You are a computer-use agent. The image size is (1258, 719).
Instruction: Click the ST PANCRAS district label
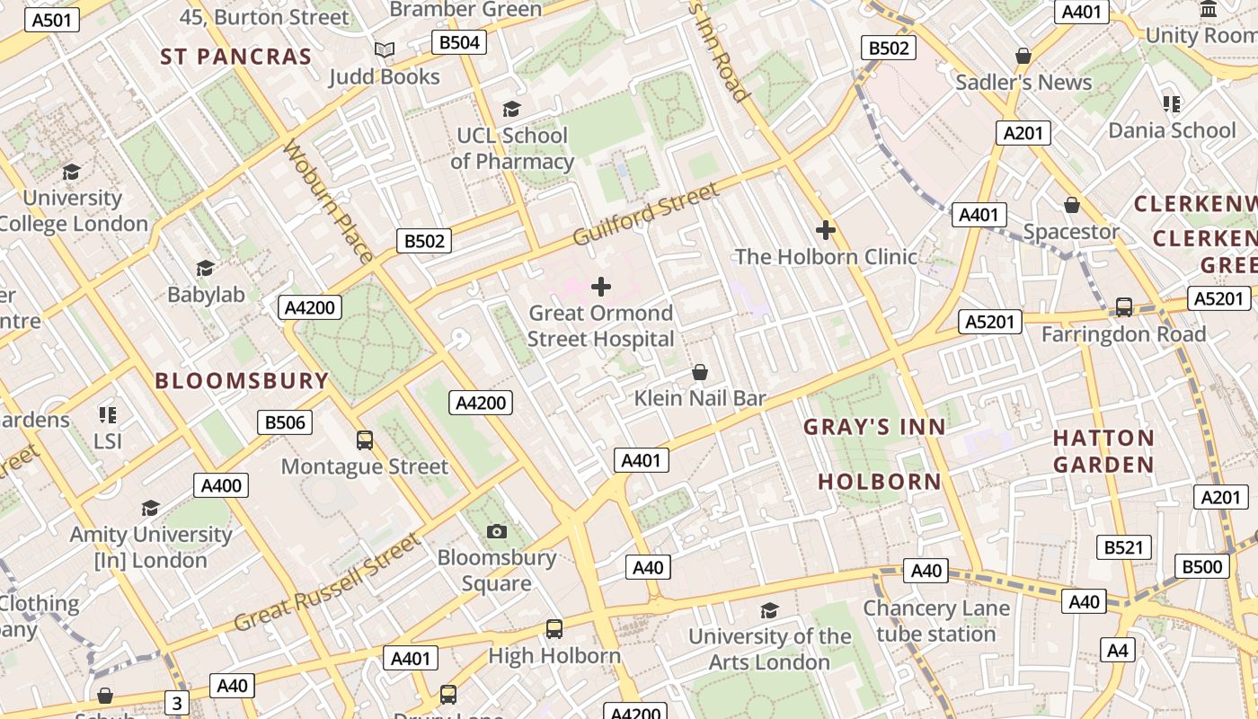pos(236,57)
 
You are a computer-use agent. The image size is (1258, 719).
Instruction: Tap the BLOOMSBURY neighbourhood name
pos(242,380)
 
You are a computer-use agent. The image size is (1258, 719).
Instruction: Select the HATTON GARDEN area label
pos(1103,451)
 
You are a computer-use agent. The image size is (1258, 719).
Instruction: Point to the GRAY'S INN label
pos(874,427)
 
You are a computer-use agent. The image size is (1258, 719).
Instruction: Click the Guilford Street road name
pos(646,215)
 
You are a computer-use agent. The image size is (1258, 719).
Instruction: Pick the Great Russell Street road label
pos(327,582)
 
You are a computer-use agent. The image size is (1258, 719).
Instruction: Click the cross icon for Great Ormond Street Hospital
pos(601,287)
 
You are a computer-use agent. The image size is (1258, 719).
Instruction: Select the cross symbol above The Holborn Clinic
pos(825,230)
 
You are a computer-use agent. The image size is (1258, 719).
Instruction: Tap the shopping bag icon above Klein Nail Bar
pos(699,372)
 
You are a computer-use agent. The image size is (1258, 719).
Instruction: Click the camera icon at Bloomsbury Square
pos(496,532)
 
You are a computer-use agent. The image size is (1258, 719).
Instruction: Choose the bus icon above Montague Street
pos(364,440)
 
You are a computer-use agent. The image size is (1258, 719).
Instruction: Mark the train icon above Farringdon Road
pos(1123,307)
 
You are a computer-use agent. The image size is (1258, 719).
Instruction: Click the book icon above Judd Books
pos(385,50)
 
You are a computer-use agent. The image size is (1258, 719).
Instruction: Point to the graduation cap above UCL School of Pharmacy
pos(511,110)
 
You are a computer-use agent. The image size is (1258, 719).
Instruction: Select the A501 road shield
pos(51,20)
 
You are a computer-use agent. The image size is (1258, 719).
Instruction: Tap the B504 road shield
pos(458,42)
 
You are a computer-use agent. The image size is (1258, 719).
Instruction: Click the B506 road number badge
pos(285,422)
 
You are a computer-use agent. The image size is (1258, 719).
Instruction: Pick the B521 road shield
pos(1124,547)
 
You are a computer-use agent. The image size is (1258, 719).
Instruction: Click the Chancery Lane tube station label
pos(936,621)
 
